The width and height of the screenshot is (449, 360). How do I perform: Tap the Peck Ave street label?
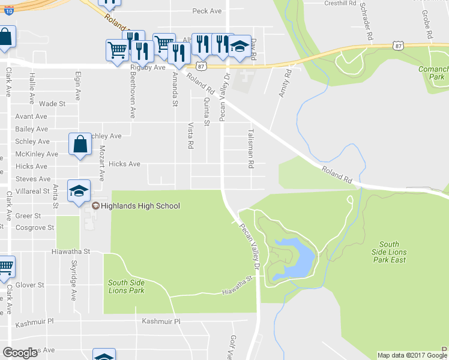[x=207, y=11]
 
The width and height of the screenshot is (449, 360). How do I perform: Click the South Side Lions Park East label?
[x=389, y=252]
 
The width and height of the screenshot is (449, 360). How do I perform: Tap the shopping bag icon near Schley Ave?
[x=80, y=144]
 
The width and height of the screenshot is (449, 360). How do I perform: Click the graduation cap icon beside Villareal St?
[x=79, y=191]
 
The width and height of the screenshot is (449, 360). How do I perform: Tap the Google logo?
[x=20, y=352]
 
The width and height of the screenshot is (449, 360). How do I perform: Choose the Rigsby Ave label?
[x=148, y=68]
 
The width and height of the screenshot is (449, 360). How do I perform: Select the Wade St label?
[x=52, y=104]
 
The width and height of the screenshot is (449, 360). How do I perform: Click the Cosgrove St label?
[x=35, y=228]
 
